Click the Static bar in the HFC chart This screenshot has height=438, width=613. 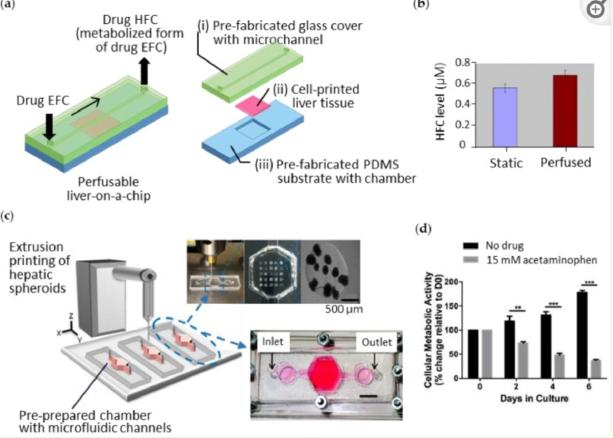point(505,117)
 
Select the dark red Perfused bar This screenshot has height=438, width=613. point(565,111)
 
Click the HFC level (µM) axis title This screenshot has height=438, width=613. point(441,101)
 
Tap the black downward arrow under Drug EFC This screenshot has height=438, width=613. point(49,126)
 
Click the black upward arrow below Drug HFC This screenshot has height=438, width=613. point(144,72)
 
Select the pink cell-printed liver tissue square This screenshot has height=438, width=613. point(253,105)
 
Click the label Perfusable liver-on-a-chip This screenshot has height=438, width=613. point(109,189)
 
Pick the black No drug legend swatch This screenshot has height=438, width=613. point(470,246)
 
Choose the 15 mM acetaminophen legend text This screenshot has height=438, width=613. point(542,260)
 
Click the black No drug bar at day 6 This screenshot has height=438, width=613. point(582,335)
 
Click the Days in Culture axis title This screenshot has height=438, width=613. point(534,399)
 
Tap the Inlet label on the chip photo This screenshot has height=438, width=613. point(272,341)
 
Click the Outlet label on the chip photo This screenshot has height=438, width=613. point(377,342)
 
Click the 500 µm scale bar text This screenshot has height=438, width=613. point(344,310)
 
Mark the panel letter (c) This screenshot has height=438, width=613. point(8,216)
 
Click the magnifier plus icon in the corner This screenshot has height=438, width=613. point(595,10)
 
